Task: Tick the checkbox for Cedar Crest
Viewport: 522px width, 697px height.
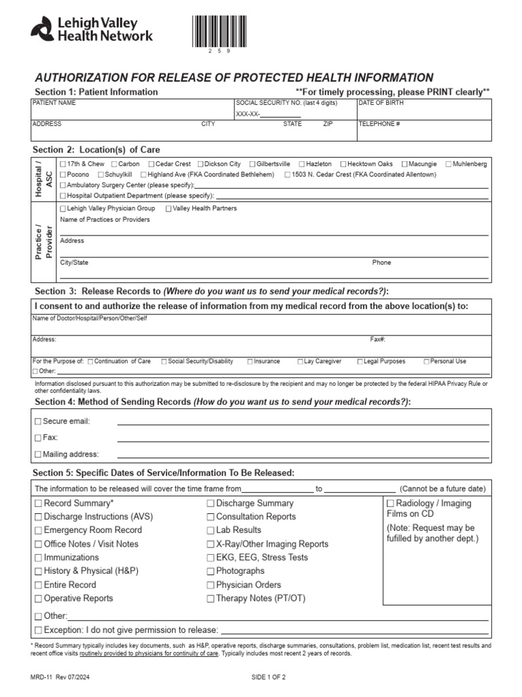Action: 152,164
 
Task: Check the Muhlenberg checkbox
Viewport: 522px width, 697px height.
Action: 449,164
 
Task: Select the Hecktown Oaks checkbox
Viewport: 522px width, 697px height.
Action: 343,164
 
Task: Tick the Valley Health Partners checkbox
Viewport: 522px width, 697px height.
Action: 168,208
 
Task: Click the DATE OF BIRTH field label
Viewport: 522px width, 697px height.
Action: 381,103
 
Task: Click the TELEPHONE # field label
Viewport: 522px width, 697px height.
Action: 379,125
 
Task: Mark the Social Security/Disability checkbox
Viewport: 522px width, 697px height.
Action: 163,361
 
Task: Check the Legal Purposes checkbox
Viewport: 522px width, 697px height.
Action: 360,361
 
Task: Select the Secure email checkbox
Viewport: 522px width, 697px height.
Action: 38,421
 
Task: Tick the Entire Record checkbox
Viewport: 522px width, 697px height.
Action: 38,585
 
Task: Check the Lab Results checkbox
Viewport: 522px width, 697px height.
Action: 211,530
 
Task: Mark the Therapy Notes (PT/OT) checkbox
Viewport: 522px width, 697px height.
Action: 211,598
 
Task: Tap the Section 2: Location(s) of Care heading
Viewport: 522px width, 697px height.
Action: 97,149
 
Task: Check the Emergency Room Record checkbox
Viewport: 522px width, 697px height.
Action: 38,530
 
